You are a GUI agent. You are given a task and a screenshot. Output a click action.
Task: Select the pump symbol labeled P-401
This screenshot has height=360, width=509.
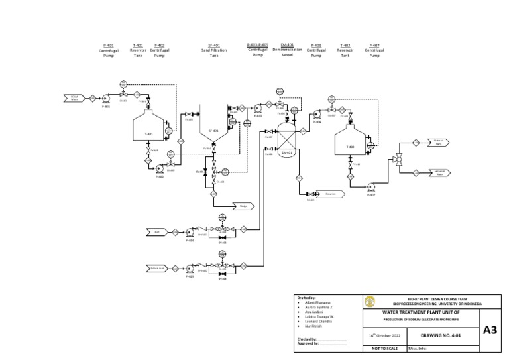click(x=105, y=98)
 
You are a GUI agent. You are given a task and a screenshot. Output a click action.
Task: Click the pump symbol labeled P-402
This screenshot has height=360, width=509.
click(x=160, y=169)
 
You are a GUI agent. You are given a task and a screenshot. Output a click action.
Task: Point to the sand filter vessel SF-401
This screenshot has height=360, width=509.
click(x=214, y=132)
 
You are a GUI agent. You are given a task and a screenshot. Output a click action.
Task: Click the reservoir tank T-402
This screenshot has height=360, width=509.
click(x=351, y=143)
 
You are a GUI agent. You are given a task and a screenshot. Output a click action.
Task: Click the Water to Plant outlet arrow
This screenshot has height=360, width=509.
click(x=438, y=142)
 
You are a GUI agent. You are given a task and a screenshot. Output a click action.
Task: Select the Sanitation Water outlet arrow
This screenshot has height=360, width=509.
click(x=438, y=172)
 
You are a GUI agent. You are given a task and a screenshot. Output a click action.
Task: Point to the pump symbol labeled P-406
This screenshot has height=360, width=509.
click(x=317, y=114)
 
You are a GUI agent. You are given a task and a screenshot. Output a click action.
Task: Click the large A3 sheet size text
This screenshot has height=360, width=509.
click(x=491, y=330)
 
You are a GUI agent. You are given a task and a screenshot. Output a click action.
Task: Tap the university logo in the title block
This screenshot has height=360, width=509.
click(x=369, y=302)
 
